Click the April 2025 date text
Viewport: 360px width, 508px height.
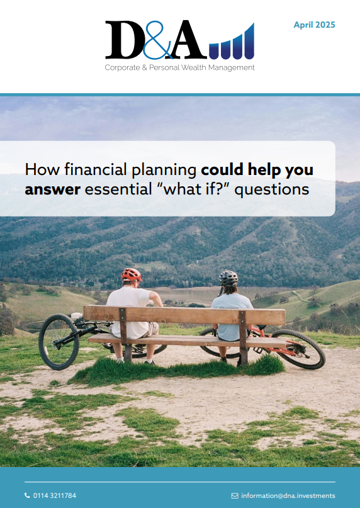314,25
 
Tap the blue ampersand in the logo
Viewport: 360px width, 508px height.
157,40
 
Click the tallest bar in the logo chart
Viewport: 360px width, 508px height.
249,41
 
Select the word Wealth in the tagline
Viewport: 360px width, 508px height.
194,68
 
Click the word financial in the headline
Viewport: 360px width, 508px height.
96,169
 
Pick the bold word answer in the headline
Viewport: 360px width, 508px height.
52,189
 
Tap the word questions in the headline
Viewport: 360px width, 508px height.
271,190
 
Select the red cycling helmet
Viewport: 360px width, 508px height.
132,274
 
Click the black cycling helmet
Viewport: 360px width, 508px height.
228,278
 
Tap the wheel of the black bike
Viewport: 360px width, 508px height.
59,342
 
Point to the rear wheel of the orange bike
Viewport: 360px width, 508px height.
298,349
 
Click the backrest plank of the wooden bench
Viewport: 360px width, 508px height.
184,315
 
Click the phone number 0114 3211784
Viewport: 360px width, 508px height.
55,495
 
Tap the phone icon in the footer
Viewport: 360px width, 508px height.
27,495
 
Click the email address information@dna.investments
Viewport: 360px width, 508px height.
288,495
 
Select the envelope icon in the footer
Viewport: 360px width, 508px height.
235,495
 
